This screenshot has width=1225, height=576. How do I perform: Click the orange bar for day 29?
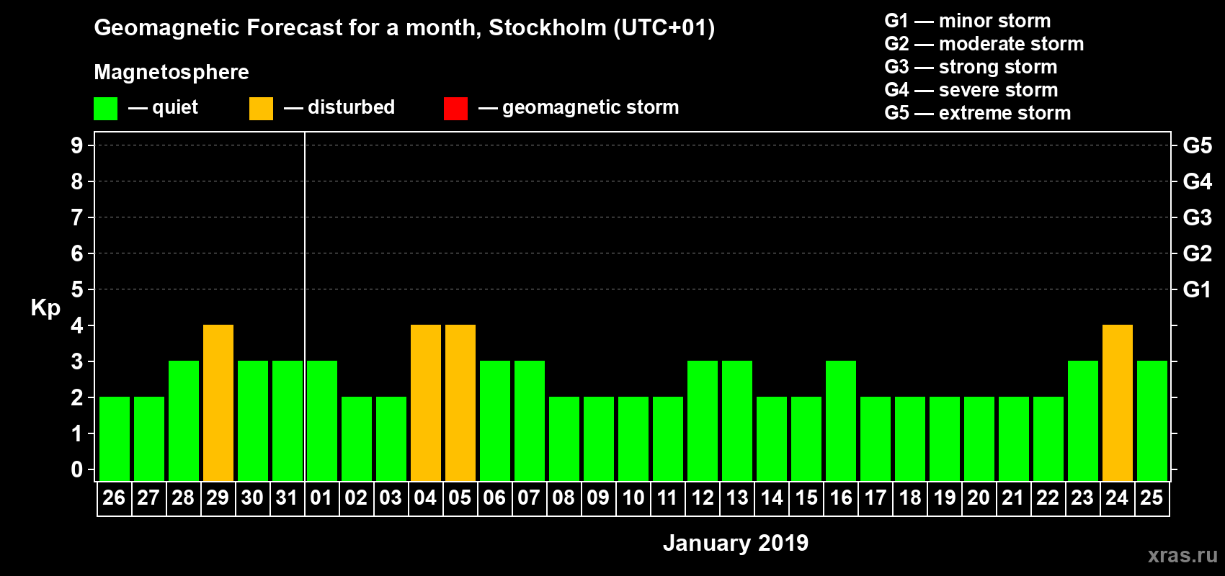[218, 402]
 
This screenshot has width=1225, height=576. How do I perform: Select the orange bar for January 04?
[426, 402]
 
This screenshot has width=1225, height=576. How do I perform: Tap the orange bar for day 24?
[1118, 402]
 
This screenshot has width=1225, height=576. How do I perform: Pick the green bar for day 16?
[841, 420]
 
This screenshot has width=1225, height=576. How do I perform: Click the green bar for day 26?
[115, 438]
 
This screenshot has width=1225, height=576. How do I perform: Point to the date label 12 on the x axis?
[703, 498]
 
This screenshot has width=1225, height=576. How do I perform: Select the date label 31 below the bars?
[287, 498]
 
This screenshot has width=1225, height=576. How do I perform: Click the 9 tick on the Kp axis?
[77, 145]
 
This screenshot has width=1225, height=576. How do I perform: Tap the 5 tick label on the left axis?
[77, 289]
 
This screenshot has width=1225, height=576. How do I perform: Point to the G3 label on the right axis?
[1197, 217]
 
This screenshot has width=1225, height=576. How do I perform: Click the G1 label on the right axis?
[1197, 289]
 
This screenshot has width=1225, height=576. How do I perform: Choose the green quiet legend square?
[106, 109]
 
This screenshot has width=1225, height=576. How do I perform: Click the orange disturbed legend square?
[262, 109]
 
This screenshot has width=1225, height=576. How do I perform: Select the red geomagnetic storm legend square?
[456, 109]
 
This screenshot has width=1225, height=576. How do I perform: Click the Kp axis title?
[45, 308]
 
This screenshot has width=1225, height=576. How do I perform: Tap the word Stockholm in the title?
[548, 28]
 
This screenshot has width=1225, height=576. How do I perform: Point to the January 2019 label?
[736, 543]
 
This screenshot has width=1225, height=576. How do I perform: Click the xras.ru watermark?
[1182, 555]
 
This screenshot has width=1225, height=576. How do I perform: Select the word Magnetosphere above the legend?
[171, 72]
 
